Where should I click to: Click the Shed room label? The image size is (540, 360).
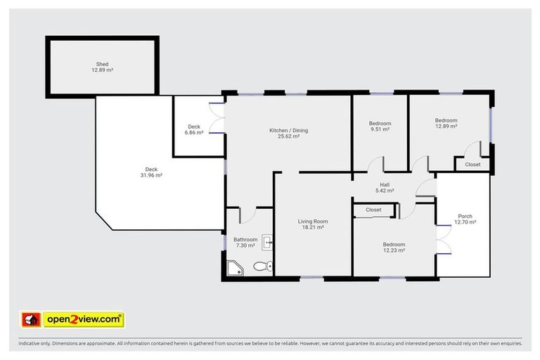[x=102, y=64]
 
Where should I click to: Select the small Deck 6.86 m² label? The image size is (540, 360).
[x=193, y=129]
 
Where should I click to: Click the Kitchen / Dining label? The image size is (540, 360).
[x=288, y=130]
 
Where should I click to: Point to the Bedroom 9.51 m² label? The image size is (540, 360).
[x=380, y=126]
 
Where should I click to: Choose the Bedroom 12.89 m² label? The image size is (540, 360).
[x=446, y=123]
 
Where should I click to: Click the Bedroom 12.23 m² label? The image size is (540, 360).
[x=394, y=247]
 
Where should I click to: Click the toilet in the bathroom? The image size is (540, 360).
[x=261, y=266]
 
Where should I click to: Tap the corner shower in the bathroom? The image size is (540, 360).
[x=234, y=268]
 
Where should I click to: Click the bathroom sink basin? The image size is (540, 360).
[x=268, y=243]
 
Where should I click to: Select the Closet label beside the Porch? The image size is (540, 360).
[x=472, y=165]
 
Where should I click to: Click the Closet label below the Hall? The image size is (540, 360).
[x=373, y=210]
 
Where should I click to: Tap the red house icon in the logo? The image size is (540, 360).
[x=31, y=320]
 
